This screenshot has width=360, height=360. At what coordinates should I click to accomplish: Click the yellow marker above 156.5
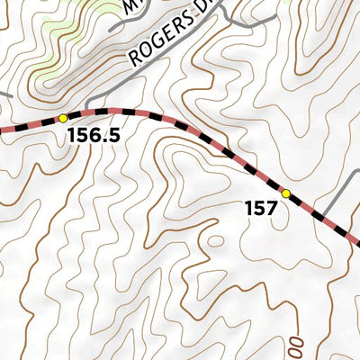(x=63, y=118)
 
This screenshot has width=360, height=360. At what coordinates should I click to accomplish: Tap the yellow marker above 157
(x=286, y=193)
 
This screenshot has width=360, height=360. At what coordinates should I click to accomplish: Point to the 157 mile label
(x=260, y=209)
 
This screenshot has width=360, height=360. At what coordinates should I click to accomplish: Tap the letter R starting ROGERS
(x=135, y=59)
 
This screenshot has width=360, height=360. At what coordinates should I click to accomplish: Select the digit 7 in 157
(x=271, y=209)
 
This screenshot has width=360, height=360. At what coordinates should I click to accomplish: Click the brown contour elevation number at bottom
(x=295, y=344)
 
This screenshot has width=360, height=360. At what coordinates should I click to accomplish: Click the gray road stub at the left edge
(x=4, y=94)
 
